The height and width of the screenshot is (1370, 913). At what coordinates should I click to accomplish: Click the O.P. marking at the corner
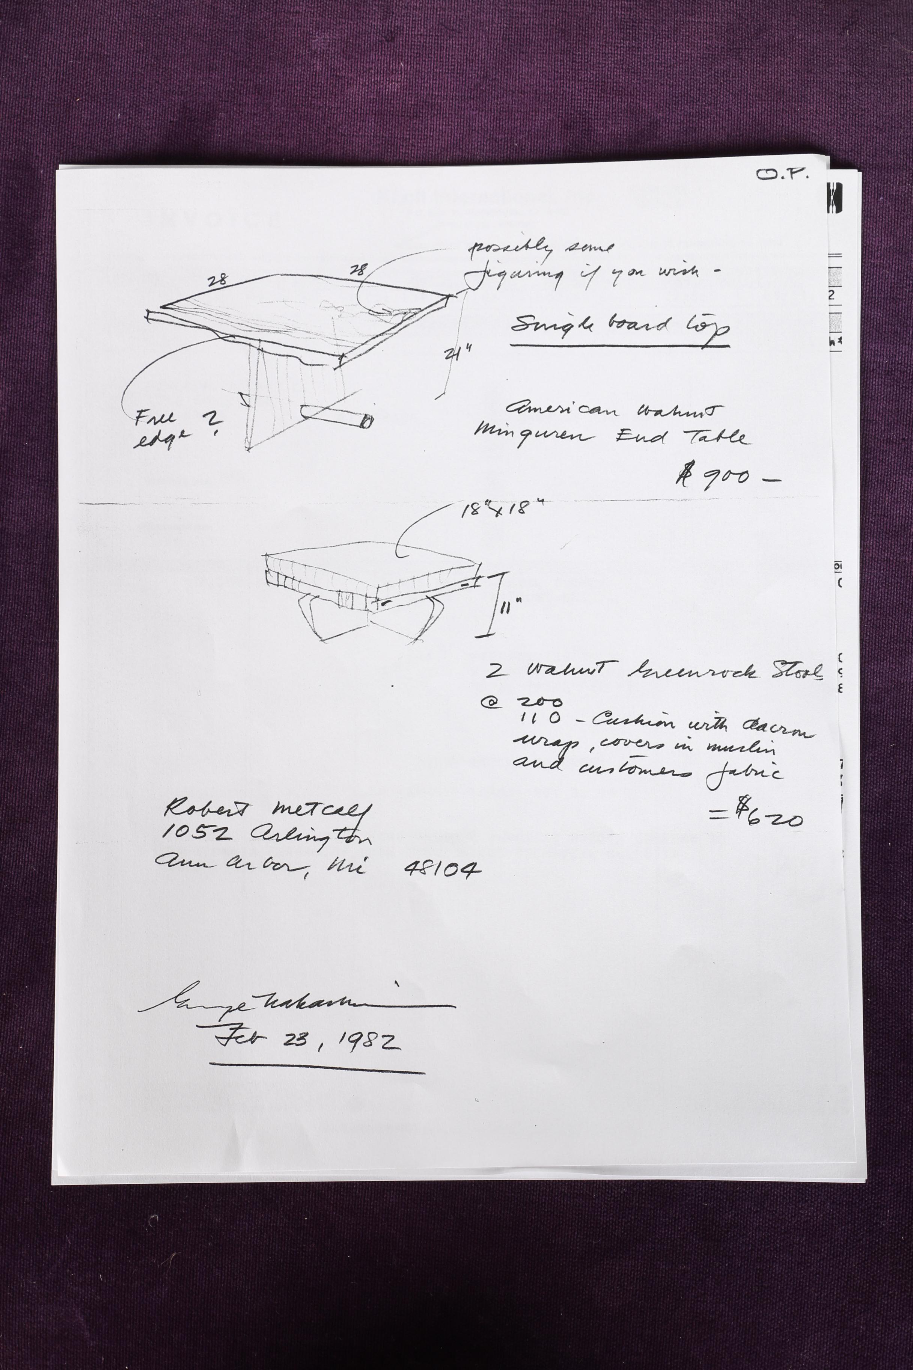click(782, 175)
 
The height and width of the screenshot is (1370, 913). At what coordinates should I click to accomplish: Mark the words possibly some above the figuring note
click(541, 248)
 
